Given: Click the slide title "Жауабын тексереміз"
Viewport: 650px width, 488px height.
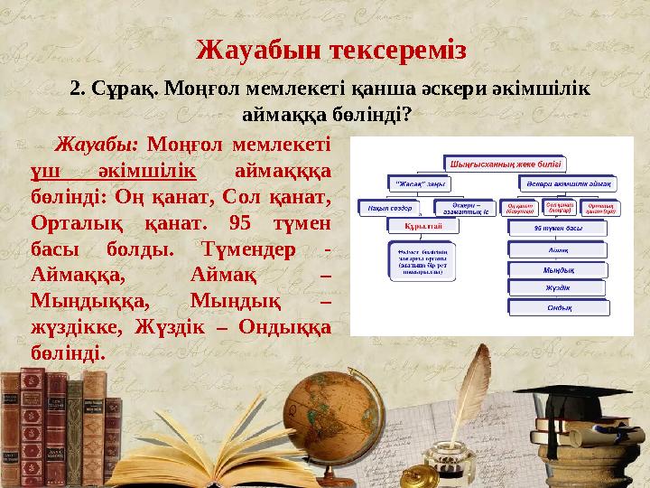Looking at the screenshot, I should (331, 48).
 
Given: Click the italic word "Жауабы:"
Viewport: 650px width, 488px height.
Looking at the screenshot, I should (97, 145).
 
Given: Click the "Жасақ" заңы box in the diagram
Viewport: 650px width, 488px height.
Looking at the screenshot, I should (420, 184).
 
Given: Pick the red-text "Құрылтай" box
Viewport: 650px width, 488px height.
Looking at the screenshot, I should (422, 226).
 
